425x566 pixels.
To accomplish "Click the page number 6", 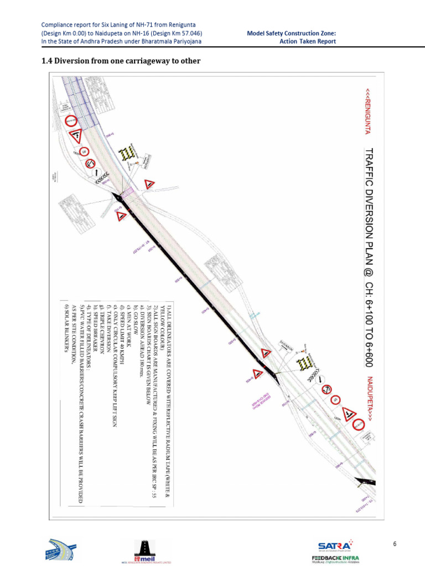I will tap(395, 544).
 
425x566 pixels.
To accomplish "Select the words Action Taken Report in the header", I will tap(307, 41).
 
